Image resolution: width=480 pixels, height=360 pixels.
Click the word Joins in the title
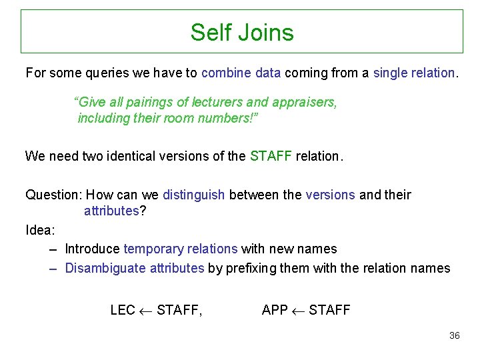(x=267, y=32)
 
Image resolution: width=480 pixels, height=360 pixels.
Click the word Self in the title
(x=208, y=32)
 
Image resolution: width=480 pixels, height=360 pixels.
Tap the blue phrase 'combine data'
(x=241, y=72)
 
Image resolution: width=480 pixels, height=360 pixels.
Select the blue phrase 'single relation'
(x=414, y=72)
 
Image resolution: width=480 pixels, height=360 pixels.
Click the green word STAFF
(x=271, y=156)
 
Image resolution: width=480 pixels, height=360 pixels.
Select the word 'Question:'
(x=53, y=195)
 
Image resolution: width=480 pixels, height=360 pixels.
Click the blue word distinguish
(x=193, y=195)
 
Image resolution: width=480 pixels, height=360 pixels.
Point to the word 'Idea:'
(x=40, y=230)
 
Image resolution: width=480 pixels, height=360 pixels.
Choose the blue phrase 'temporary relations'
(x=181, y=249)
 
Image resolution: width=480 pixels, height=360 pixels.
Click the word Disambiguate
(x=106, y=268)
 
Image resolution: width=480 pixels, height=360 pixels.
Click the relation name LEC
(x=123, y=310)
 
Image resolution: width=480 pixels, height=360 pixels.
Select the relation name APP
(x=275, y=310)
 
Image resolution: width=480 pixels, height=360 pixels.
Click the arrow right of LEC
(x=146, y=310)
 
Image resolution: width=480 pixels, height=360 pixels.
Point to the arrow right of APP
(x=299, y=310)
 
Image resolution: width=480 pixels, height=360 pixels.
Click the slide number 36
(x=454, y=335)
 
